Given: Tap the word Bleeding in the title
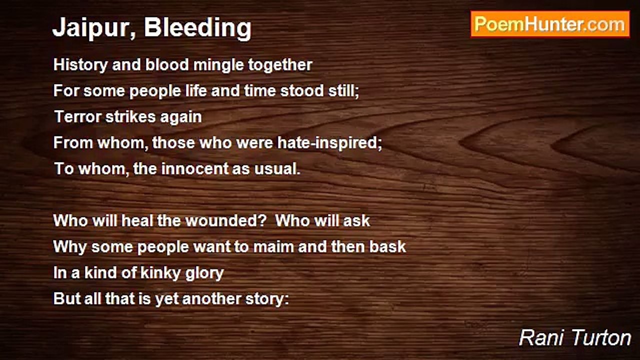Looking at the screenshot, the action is click(x=197, y=28).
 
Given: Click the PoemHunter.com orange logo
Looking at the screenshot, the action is click(x=550, y=24).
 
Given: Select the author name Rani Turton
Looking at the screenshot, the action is click(x=575, y=338).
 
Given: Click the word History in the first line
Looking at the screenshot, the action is click(x=80, y=65).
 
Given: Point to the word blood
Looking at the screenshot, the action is click(x=167, y=64).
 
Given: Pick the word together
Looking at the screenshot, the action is click(x=280, y=65).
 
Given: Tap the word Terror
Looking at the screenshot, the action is click(x=77, y=116).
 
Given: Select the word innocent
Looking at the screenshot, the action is click(x=195, y=168).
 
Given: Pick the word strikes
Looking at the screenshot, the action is click(x=130, y=116).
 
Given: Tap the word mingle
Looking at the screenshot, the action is click(x=218, y=65).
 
